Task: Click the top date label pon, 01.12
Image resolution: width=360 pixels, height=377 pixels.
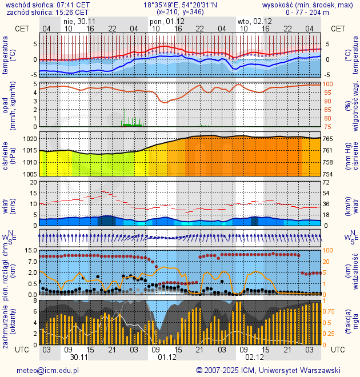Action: click(166, 21)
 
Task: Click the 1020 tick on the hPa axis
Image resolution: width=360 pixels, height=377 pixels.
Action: click(30, 139)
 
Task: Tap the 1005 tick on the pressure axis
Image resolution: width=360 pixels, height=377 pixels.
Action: click(30, 174)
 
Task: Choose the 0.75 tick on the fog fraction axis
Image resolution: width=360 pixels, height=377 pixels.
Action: click(331, 311)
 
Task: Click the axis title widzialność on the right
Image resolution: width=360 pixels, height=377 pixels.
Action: click(354, 272)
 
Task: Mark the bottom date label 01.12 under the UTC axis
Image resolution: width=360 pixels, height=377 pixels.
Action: click(166, 357)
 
